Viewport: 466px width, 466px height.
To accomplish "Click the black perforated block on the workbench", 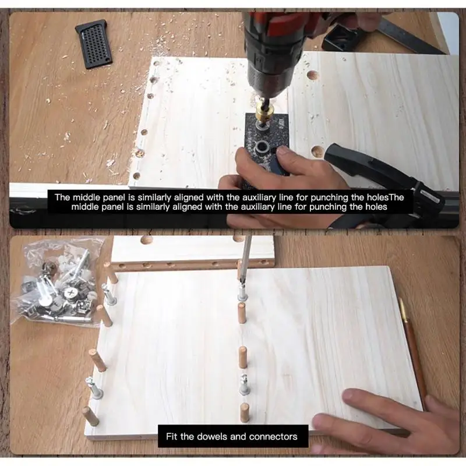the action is (x=94, y=44).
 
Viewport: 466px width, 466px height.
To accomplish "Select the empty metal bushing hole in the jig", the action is (x=263, y=147).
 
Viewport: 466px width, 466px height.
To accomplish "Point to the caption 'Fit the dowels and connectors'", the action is (x=231, y=436).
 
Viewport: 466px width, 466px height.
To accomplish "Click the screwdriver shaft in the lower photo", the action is (x=246, y=259).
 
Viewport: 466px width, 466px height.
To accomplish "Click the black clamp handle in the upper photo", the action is (x=383, y=172).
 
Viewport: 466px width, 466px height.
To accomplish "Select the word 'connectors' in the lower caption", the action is (x=273, y=436).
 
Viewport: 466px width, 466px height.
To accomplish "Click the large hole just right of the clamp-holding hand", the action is (x=317, y=151).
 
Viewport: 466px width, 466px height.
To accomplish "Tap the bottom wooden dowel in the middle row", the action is (x=244, y=412).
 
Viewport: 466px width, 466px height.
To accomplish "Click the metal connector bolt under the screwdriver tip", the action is (x=242, y=292).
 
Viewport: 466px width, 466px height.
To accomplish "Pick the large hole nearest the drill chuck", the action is (x=312, y=75).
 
